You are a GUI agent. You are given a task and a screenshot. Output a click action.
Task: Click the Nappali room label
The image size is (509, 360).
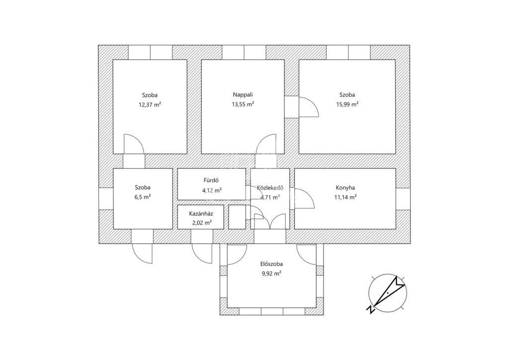[x=243, y=95]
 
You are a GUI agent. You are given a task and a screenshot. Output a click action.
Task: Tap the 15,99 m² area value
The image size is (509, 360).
[x=347, y=104]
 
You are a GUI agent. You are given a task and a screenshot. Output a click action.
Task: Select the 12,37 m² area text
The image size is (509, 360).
[x=150, y=105]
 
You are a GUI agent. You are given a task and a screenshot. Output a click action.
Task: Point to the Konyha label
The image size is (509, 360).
[x=345, y=187]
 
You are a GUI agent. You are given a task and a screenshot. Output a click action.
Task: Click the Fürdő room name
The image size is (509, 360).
[x=211, y=180]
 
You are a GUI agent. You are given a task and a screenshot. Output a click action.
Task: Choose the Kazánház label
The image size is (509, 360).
[x=201, y=214]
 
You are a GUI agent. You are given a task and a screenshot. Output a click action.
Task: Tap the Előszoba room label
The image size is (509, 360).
[x=271, y=264]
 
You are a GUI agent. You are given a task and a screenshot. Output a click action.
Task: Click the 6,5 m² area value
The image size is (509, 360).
[x=143, y=197]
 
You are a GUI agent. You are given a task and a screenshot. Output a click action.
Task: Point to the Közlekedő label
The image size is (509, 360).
[x=270, y=187]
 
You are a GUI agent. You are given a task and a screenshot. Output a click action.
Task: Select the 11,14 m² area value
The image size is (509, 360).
[x=345, y=197]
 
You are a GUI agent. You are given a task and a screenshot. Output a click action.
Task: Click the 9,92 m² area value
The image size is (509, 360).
[x=271, y=273]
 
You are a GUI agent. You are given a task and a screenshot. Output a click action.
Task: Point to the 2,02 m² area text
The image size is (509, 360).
[x=202, y=223]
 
